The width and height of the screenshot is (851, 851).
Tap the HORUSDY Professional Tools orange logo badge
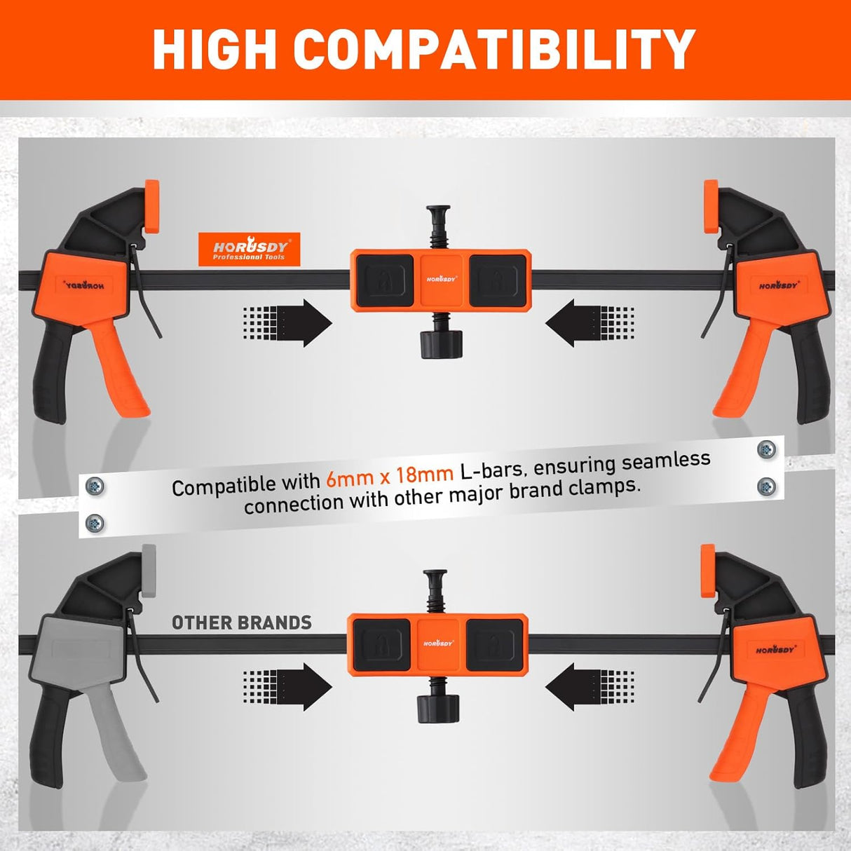250,250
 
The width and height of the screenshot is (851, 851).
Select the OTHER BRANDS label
242,622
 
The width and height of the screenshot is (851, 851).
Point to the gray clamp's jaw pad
148,571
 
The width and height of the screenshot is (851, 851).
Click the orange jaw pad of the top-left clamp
151,206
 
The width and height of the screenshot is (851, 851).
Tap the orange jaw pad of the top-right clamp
711,206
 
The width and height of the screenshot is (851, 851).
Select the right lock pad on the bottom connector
495,644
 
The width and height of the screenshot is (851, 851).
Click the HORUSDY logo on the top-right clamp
778,285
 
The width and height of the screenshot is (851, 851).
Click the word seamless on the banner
666,462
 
